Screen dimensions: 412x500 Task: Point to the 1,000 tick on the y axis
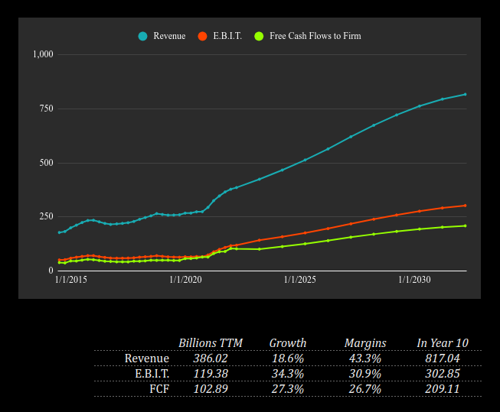tap(42, 54)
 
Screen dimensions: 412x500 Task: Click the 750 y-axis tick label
tap(46, 109)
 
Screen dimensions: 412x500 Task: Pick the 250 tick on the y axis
tap(46, 217)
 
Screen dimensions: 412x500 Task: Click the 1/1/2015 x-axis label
tap(70, 281)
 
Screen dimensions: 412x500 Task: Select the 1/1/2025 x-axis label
tap(299, 281)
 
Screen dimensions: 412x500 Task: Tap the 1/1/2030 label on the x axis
tap(414, 281)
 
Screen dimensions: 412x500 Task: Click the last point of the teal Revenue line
tap(465, 95)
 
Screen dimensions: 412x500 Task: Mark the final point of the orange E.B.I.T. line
tap(465, 206)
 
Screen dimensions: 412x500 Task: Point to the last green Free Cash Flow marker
tap(465, 226)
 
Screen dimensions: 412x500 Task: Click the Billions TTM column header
tap(210, 343)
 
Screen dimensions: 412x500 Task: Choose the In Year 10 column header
tap(442, 343)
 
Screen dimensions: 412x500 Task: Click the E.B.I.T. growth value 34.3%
tap(287, 374)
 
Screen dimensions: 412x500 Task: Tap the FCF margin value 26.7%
tap(364, 389)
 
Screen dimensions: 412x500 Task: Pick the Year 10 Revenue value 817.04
tap(442, 358)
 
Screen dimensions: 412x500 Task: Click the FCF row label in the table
tap(158, 389)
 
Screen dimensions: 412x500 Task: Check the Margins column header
tap(364, 343)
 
